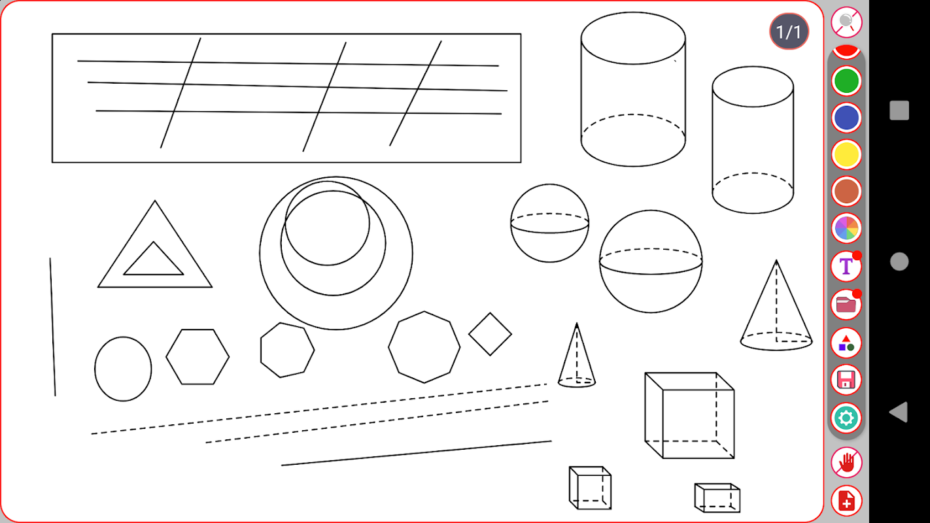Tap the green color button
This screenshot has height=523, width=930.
coord(846,81)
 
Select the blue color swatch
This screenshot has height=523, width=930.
coord(846,118)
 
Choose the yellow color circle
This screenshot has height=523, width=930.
coord(846,155)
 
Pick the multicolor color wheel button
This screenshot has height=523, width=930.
coord(846,228)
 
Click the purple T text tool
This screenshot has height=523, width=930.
coord(846,266)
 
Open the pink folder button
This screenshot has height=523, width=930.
coord(846,304)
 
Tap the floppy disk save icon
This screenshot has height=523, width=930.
coord(846,380)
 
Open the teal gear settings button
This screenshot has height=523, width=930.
coord(846,418)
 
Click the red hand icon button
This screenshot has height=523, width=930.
coord(846,462)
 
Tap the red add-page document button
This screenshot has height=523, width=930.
coord(846,501)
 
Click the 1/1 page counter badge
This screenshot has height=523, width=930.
coord(789,31)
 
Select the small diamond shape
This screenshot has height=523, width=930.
coord(491,334)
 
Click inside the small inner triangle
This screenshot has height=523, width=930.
coord(154,263)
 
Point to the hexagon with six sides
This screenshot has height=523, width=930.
coord(198,357)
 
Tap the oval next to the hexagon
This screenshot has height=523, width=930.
coord(123,369)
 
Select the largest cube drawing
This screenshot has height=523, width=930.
coord(689,416)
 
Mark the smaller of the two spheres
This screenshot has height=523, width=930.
coord(550,224)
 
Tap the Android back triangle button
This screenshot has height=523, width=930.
coord(899,412)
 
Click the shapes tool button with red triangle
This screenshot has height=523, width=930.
coord(846,343)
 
